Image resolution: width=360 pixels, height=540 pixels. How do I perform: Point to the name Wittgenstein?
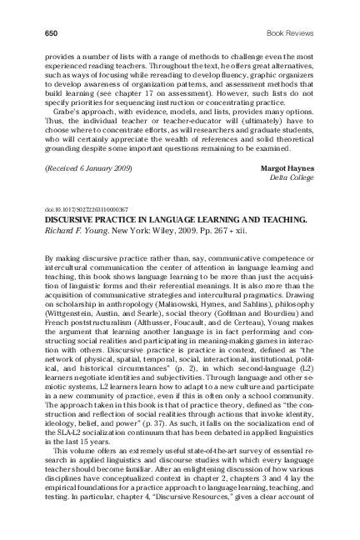click(71, 318)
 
